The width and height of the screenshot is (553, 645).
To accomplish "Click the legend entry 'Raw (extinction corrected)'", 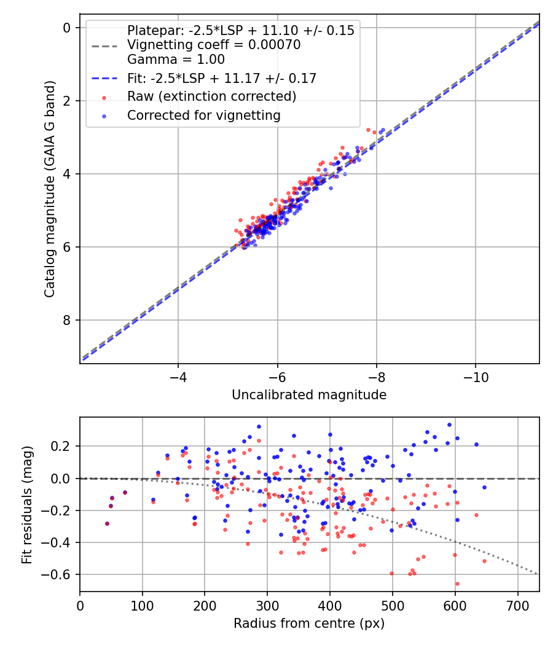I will tap(211, 96).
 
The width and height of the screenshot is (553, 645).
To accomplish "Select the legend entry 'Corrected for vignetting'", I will tap(203, 115).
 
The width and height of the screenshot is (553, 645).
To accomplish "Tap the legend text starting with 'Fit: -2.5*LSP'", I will tap(222, 78).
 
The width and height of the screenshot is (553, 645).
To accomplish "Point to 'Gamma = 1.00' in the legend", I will tap(176, 60).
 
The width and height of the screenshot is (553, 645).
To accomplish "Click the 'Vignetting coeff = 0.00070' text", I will tap(213, 45).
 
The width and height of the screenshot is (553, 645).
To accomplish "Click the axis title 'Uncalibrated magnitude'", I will tap(309, 395).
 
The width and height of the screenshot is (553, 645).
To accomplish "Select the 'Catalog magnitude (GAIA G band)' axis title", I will tap(50, 190).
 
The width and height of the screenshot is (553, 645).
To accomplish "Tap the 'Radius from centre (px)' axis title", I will tap(309, 623).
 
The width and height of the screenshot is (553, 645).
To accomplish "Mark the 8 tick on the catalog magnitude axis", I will tap(67, 320).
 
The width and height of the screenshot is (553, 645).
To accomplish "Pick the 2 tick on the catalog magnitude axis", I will tap(67, 101).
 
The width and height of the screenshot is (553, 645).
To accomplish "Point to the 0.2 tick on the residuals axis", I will tap(62, 446).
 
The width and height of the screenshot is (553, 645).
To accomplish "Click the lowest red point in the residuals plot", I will tap(457, 584).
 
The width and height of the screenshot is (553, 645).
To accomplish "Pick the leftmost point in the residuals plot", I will tap(107, 523).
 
